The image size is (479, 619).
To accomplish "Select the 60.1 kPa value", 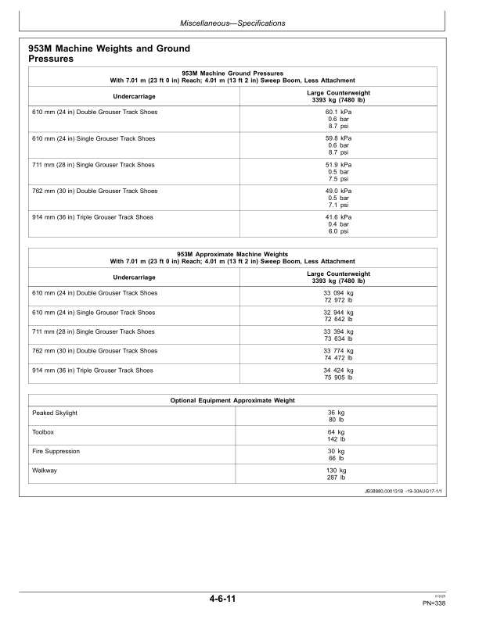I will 339,112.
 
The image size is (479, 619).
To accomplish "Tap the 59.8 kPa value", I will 339,138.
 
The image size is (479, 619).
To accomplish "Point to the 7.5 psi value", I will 339,179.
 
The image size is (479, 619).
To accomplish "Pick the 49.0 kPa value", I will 339,191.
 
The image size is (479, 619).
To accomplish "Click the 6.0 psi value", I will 339,232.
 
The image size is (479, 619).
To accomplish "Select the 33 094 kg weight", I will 339,293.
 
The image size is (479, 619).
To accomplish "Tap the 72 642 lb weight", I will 339,320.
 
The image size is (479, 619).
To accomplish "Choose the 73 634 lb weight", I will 339,338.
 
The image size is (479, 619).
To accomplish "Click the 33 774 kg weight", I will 339,351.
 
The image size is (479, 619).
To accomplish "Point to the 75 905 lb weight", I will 339,377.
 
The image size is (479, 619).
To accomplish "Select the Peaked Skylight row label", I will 55,413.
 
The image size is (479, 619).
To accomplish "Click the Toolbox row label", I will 44,431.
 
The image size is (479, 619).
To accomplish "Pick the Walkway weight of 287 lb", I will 337,477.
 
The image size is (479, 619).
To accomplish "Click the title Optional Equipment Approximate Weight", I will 232,400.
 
